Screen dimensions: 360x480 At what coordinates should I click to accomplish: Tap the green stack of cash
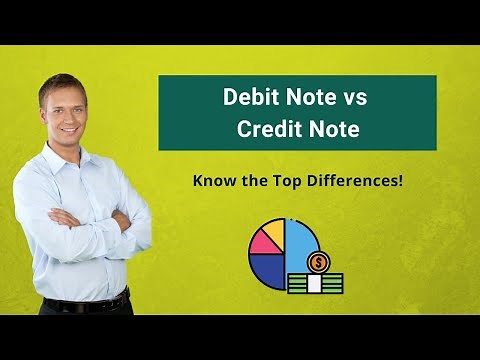[x=314, y=282]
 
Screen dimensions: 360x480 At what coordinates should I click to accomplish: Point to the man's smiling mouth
[x=67, y=129]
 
